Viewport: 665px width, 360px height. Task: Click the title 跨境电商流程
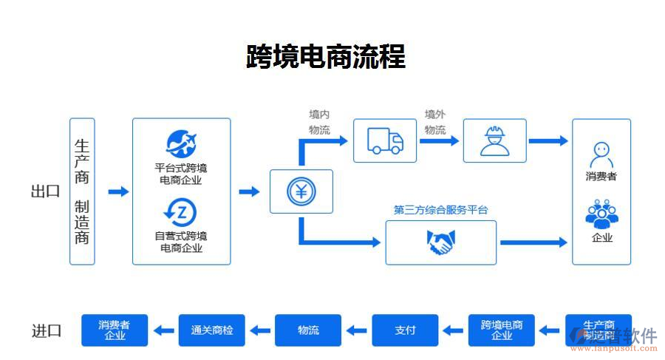[x=325, y=56]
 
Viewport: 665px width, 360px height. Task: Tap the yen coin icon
[x=301, y=191]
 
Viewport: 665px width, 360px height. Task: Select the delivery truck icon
[x=384, y=140]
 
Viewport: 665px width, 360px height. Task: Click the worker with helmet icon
[x=494, y=140]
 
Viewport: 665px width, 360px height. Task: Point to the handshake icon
[x=440, y=242]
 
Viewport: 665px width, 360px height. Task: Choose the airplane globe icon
[x=181, y=143]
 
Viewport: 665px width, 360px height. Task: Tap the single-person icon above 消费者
[x=601, y=155]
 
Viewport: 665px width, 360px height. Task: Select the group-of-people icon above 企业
[x=601, y=214]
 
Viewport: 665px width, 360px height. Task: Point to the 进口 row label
[x=46, y=330]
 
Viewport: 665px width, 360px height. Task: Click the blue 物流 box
[x=308, y=330]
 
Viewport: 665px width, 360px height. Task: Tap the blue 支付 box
[x=405, y=330]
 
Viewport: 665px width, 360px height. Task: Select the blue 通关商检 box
[x=212, y=330]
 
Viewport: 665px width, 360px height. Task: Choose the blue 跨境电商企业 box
[x=502, y=330]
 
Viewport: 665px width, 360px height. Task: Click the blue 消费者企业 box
[x=115, y=330]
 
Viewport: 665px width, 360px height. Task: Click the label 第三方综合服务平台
[x=440, y=210]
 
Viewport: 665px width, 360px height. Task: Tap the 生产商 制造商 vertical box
[x=82, y=191]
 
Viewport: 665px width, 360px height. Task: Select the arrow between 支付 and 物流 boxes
[x=357, y=330]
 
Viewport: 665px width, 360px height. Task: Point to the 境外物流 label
[x=435, y=123]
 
